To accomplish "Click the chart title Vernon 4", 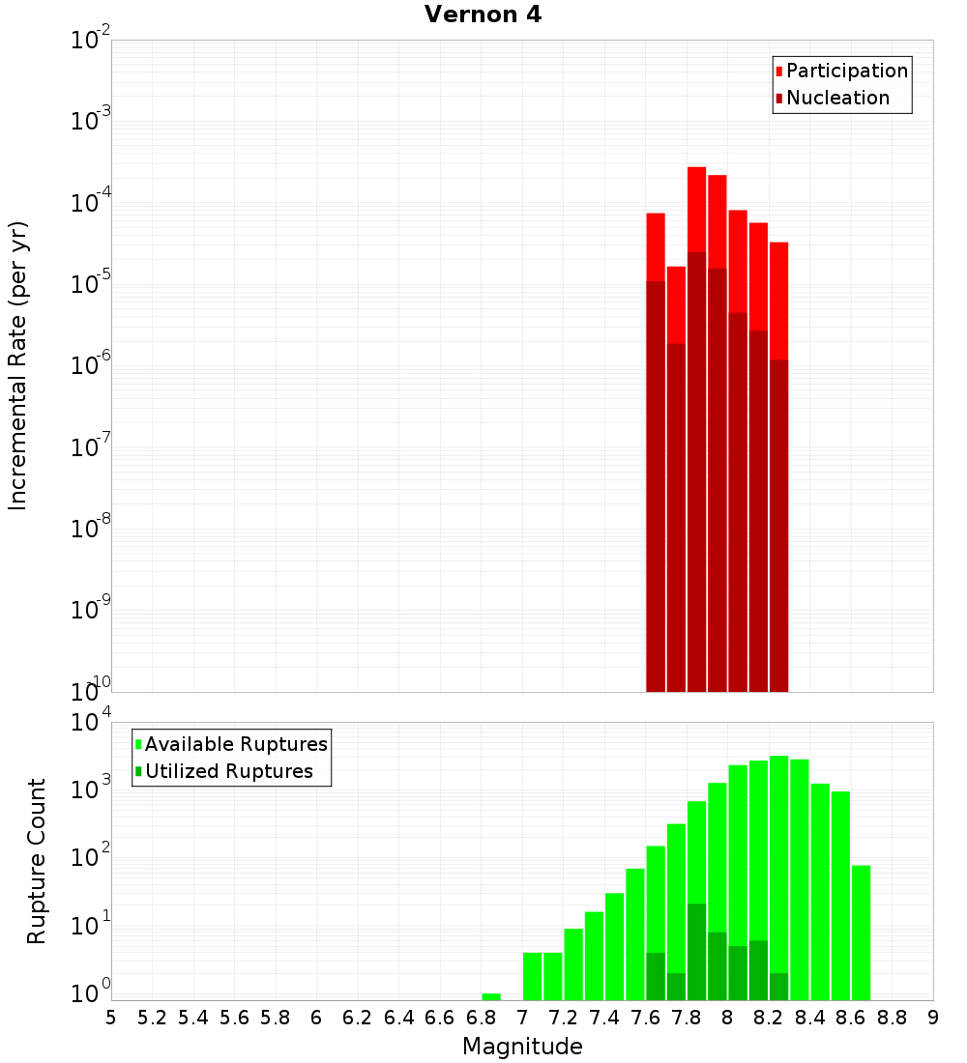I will pos(483,14).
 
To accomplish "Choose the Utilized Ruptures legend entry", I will pos(228,771).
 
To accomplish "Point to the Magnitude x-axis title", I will pos(522,1046).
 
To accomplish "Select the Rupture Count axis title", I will pos(37,860).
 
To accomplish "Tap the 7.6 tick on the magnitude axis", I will pos(645,1017).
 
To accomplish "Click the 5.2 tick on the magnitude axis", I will pos(152,1017).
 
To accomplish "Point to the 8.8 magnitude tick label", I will pos(892,1017).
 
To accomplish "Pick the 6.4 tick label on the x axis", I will pos(398,1017).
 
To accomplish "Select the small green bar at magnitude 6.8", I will pos(491,996).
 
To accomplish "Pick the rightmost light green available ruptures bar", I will pos(861,933).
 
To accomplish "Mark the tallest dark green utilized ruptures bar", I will pos(696,952).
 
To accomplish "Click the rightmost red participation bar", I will pos(778,300).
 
